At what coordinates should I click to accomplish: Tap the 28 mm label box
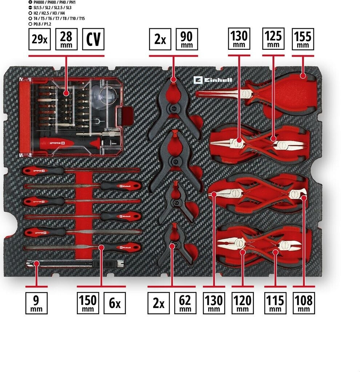click(x=66, y=40)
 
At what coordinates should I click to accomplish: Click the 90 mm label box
click(x=187, y=40)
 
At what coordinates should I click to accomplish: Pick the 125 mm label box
click(x=273, y=40)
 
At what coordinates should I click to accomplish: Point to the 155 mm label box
click(x=303, y=40)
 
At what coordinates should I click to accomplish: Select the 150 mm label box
click(x=88, y=303)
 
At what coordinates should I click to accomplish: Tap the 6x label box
click(x=115, y=303)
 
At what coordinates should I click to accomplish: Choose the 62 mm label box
click(x=185, y=303)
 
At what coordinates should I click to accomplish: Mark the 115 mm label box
click(x=275, y=303)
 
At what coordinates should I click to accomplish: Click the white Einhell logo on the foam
click(x=213, y=80)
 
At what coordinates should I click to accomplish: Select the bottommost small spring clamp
click(x=176, y=243)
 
